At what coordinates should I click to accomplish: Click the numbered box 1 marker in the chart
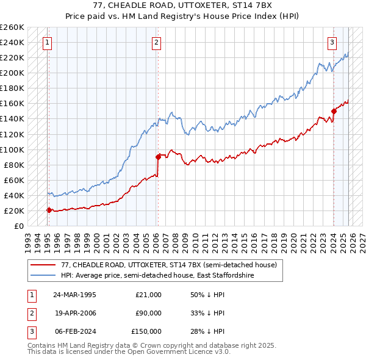47,42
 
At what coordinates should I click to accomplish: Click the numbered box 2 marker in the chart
157,42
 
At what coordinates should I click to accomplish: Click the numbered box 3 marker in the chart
332,42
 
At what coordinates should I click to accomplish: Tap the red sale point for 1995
49,210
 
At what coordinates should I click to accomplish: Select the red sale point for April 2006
158,157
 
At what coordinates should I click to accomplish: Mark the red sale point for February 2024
334,111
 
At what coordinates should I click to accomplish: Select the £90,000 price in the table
148,313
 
